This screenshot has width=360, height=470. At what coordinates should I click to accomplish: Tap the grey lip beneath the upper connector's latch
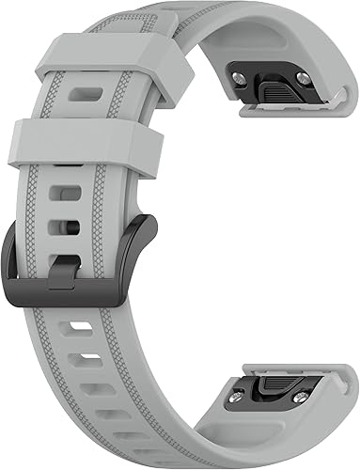click(282, 110)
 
